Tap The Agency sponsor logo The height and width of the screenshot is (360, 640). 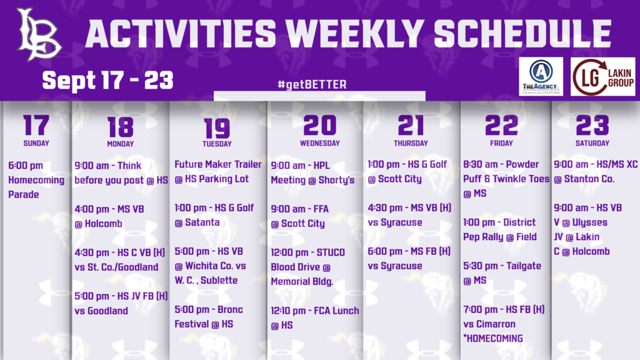(540, 77)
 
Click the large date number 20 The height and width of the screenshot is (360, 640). (319, 126)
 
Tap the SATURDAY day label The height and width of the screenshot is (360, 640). (592, 143)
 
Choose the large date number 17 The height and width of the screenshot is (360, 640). (36, 126)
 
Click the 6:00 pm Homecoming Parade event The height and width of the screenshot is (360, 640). (36, 180)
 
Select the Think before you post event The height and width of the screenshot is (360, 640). (121, 173)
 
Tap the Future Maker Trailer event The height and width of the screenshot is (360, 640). (217, 172)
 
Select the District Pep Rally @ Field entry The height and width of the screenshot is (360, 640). (499, 229)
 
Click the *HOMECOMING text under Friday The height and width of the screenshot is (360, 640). (493, 339)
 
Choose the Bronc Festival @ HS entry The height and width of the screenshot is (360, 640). (208, 317)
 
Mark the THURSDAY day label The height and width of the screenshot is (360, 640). (411, 143)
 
